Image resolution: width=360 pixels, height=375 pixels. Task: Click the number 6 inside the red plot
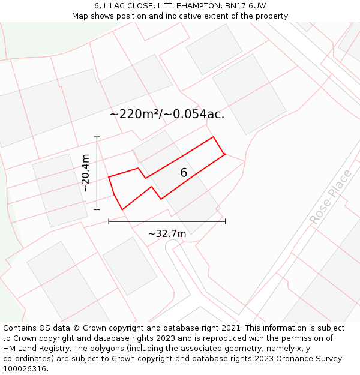coord(184,173)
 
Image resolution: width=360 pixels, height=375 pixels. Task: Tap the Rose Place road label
coord(331,198)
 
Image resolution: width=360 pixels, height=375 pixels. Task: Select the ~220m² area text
coord(136,114)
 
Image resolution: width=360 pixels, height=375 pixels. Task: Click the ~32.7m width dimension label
coord(167,233)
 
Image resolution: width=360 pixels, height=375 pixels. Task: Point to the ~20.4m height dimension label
coord(85,173)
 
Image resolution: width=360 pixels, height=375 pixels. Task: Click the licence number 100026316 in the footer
coord(26,369)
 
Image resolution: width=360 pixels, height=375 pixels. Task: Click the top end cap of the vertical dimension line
coord(97,137)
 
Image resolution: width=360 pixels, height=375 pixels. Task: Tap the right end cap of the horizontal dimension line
coord(225,221)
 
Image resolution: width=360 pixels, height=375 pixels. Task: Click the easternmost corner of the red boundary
coord(225,154)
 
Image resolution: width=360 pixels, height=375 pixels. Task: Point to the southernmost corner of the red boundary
coord(122,209)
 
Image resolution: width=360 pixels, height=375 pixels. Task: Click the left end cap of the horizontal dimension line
coord(109,221)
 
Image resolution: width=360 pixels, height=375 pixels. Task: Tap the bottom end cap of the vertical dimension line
coord(97,209)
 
